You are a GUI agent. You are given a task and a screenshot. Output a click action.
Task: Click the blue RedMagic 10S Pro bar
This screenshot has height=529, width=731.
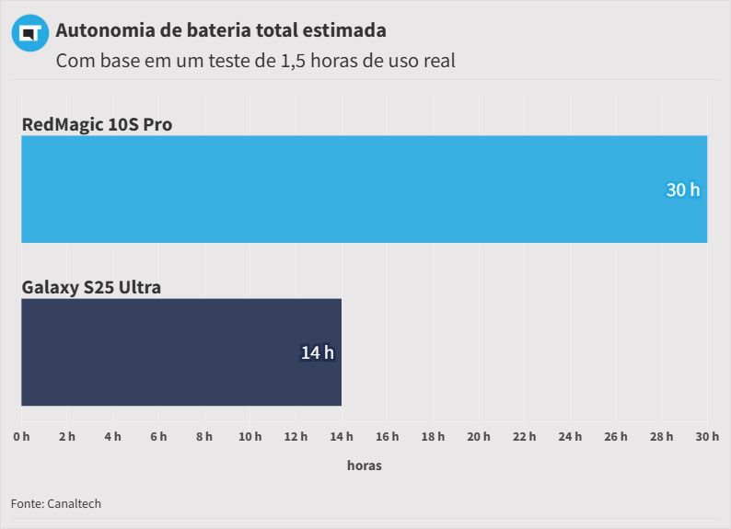[364, 189]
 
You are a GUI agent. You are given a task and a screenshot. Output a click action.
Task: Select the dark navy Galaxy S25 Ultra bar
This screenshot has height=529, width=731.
[181, 351]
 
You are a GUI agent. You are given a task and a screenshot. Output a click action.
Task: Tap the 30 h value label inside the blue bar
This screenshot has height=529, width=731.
[682, 190]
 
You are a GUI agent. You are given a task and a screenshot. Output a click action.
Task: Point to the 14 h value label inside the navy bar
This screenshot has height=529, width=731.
[317, 352]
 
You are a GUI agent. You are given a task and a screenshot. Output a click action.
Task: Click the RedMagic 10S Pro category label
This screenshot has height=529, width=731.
[97, 124]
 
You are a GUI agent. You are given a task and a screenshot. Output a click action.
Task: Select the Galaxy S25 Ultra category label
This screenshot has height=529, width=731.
[91, 287]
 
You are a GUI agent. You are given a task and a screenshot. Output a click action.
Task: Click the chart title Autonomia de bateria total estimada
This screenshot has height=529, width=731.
[221, 30]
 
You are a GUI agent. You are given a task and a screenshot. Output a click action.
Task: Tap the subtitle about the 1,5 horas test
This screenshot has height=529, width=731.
[255, 62]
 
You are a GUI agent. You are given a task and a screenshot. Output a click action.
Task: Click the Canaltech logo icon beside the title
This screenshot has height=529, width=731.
[29, 33]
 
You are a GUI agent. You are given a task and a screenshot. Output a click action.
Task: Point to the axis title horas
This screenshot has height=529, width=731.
[364, 466]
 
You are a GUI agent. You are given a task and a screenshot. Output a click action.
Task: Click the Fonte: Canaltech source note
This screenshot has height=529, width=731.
[56, 503]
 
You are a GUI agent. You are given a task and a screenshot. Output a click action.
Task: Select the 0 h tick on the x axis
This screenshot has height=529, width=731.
[21, 436]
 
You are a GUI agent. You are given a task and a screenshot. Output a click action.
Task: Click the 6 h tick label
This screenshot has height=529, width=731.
[158, 436]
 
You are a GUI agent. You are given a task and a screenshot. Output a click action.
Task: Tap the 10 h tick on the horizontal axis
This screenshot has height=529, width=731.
[249, 436]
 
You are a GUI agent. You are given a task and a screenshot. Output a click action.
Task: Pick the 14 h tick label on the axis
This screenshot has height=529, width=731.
[342, 436]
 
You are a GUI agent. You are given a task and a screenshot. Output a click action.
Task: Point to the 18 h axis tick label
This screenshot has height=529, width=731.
[433, 436]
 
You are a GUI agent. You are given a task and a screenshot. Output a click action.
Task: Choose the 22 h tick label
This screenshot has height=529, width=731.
[524, 436]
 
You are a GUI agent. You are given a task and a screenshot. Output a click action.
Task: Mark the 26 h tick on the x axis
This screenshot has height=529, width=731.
[615, 436]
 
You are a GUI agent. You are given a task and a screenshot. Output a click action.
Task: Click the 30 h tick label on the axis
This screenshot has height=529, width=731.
[706, 436]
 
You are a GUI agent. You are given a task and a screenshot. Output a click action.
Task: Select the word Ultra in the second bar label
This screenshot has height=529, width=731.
[140, 287]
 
